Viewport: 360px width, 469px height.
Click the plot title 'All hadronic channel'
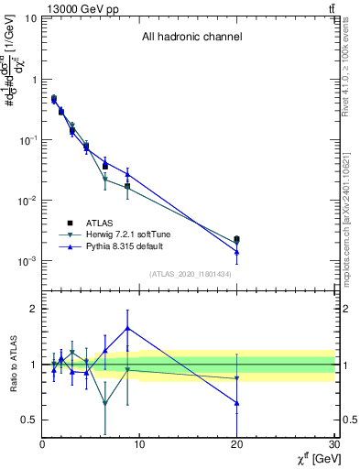click(x=191, y=38)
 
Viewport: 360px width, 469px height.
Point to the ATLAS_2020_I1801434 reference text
click(x=191, y=274)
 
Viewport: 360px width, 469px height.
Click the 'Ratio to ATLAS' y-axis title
click(x=12, y=364)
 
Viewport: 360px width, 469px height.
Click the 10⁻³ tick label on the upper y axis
click(x=27, y=261)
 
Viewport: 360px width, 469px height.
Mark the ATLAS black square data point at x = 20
click(x=237, y=239)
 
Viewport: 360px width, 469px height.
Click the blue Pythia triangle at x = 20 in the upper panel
click(x=237, y=252)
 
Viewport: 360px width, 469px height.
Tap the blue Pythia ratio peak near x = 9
click(x=127, y=327)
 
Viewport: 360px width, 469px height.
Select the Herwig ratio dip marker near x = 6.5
click(x=105, y=403)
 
